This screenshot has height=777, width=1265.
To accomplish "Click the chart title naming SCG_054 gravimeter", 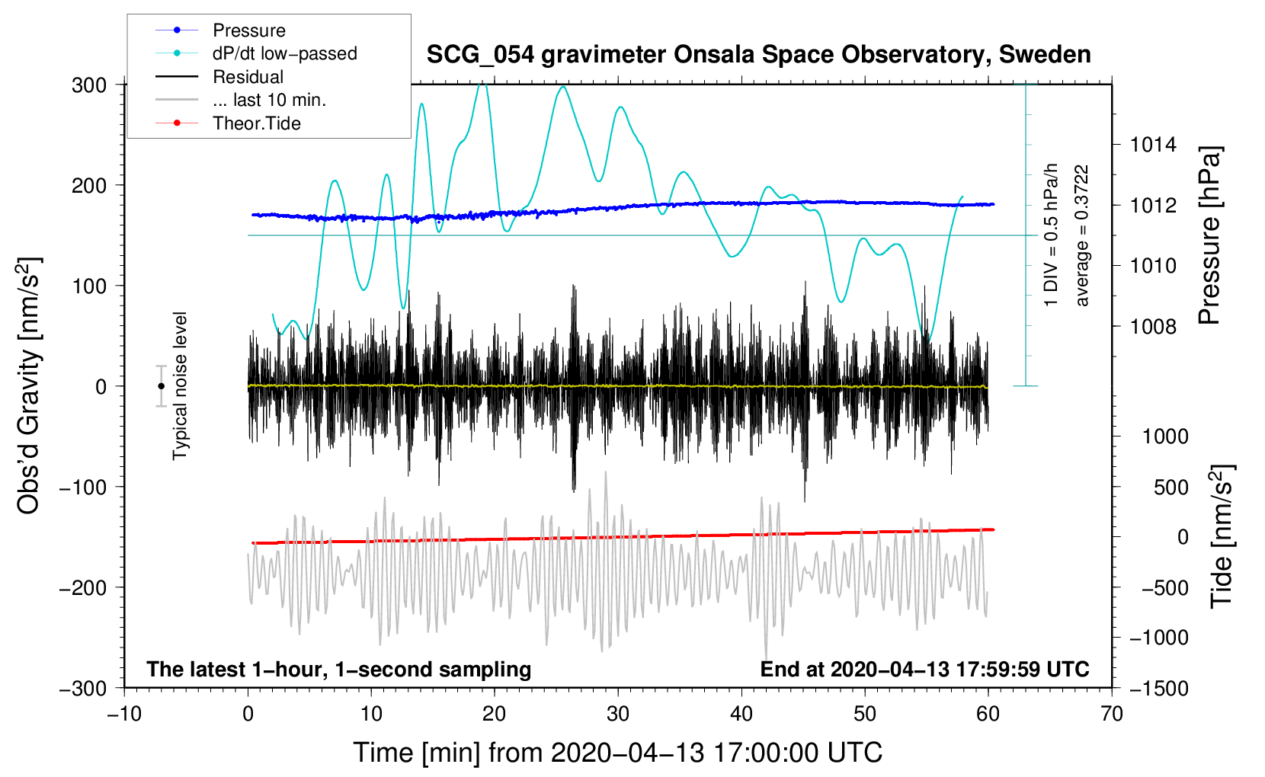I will pos(758,55).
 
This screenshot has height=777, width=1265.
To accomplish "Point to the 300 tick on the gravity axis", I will pos(89,85).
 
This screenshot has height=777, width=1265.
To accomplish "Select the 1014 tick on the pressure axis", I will pos(1153,145).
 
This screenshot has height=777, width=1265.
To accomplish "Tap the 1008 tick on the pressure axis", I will pos(1153,327).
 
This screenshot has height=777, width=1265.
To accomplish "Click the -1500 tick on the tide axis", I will pos(1158,689).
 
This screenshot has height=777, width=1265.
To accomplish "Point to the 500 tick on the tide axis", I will pos(1171,488).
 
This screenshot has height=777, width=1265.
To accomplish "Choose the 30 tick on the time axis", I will pos(618,714).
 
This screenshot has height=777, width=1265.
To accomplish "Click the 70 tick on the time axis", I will pos(1112,714).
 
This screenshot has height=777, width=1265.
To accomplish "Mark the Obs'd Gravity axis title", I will pos(29,386).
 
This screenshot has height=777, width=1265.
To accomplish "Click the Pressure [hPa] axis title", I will pos(1209,236).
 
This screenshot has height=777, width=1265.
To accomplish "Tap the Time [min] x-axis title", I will pos(617,753).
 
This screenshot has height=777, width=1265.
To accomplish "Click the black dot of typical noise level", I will pos(161,386).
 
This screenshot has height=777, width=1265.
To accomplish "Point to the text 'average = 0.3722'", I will pos(1082,236).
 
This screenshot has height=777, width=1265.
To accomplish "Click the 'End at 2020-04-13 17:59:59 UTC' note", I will pos(924,670).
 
